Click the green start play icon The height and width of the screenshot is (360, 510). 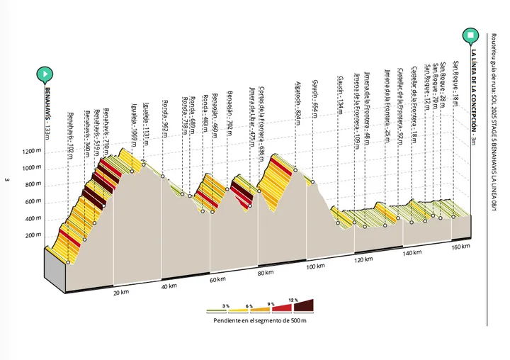(x=45, y=73)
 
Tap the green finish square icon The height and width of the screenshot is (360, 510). (x=470, y=34)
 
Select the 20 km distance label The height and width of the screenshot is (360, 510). (x=121, y=292)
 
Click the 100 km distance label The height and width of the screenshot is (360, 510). (x=316, y=266)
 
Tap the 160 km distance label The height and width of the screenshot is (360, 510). (x=460, y=247)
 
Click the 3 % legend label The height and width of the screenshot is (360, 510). (x=225, y=305)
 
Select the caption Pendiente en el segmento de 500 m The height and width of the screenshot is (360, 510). (x=260, y=320)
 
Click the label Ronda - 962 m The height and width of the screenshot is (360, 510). (x=164, y=137)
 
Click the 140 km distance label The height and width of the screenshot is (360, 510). (x=412, y=252)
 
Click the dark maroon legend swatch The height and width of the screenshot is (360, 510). (x=302, y=307)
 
